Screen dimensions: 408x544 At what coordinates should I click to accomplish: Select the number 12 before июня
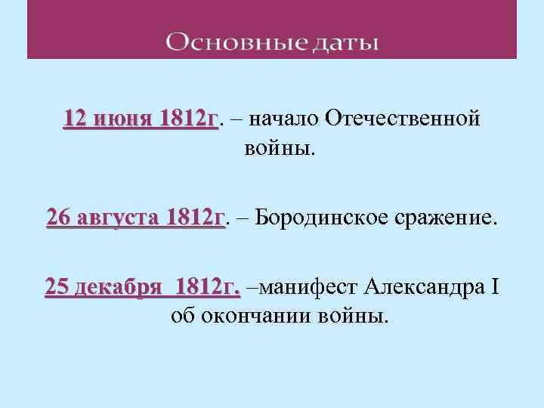click(76, 119)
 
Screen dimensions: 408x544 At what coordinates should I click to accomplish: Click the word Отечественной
click(403, 119)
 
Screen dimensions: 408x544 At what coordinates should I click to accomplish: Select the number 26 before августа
click(58, 218)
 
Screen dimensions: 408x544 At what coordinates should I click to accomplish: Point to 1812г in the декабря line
click(208, 288)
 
